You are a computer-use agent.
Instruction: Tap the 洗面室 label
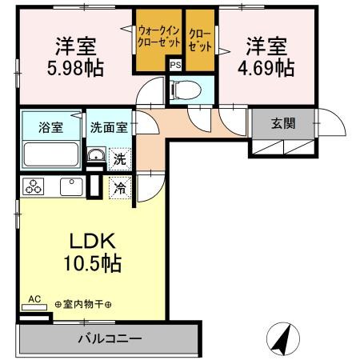pyautogui.click(x=108, y=125)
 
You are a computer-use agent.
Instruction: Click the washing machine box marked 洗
pyautogui.click(x=118, y=158)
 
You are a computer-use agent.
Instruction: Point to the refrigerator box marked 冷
pyautogui.click(x=118, y=189)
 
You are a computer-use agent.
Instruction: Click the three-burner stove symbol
pyautogui.click(x=34, y=187)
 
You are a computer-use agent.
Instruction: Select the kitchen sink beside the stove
pyautogui.click(x=70, y=187)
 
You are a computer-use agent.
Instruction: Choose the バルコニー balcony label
pyautogui.click(x=110, y=338)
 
